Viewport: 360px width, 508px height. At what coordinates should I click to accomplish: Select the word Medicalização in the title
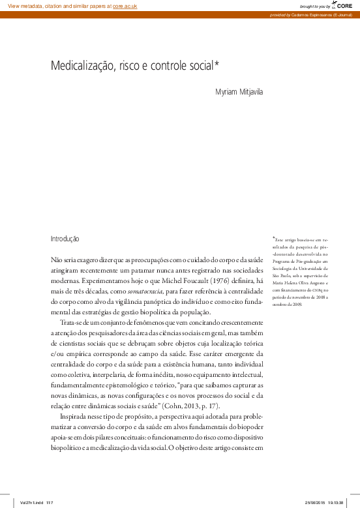pyautogui.click(x=80, y=65)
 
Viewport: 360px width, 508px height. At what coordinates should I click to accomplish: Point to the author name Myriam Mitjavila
pyautogui.click(x=239, y=92)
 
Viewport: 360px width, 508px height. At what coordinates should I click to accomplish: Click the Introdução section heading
pyautogui.click(x=65, y=239)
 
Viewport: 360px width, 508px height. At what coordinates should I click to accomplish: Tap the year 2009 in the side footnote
pyautogui.click(x=297, y=303)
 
